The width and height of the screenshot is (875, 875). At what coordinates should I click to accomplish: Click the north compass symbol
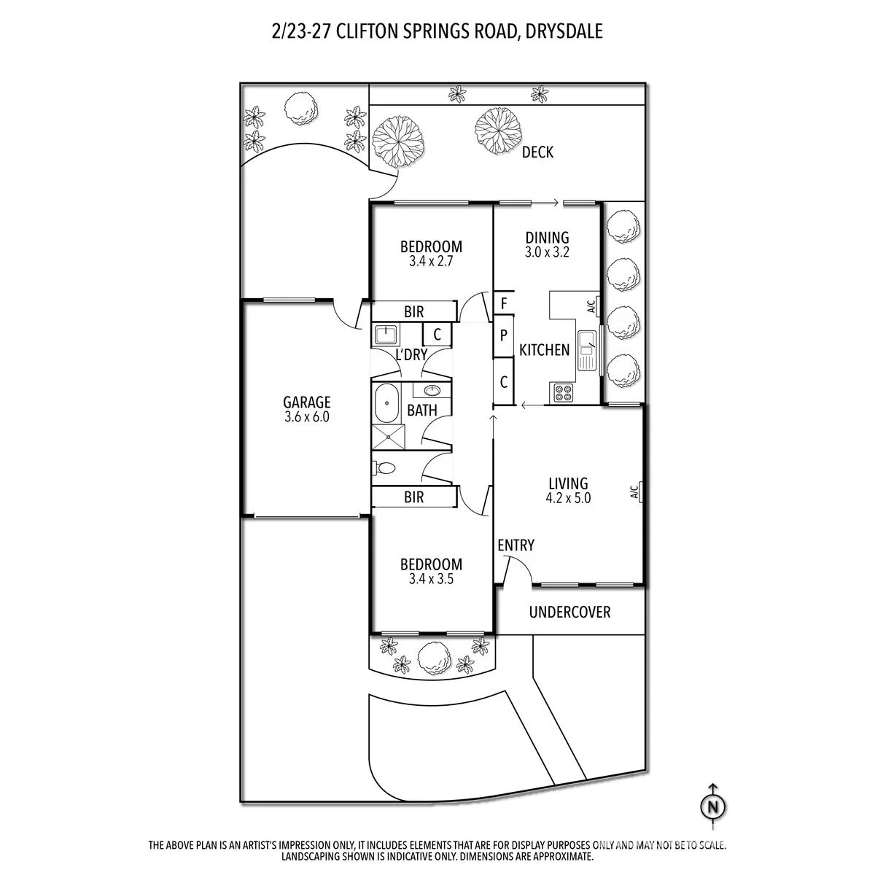(713, 807)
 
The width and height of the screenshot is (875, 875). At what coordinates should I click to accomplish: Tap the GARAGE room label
(306, 402)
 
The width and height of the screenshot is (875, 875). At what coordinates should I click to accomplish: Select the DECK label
(537, 152)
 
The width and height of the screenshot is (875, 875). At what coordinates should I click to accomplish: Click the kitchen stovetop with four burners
(564, 393)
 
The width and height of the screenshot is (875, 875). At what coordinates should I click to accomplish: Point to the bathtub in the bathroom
(386, 402)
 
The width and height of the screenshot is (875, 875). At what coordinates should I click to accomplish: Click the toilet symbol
(385, 467)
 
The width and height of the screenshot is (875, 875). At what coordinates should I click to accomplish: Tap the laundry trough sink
(386, 335)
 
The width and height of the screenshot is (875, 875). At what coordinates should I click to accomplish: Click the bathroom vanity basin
(432, 390)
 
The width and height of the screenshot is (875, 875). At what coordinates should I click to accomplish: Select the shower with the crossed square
(388, 437)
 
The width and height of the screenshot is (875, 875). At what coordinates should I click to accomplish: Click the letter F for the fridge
(504, 303)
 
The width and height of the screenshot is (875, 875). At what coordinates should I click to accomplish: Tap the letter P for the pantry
(504, 336)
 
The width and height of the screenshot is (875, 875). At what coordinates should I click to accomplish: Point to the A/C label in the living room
(634, 491)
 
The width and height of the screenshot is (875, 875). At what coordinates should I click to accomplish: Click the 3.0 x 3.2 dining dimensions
(547, 252)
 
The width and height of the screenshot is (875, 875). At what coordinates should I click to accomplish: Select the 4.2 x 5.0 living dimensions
(568, 498)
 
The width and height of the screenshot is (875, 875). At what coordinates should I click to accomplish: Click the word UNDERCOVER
(570, 612)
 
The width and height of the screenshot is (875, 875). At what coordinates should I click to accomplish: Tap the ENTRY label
(516, 545)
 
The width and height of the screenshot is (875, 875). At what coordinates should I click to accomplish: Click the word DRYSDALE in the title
(564, 31)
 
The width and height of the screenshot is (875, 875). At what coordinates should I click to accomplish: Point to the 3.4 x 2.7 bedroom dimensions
(431, 262)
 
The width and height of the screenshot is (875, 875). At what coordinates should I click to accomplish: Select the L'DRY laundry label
(411, 354)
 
